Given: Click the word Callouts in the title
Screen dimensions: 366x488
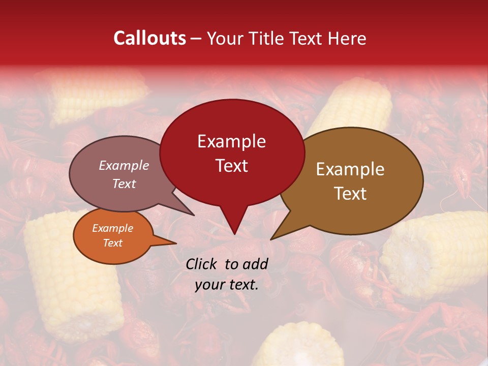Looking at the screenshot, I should [x=149, y=38].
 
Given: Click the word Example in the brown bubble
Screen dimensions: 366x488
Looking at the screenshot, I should [x=350, y=169].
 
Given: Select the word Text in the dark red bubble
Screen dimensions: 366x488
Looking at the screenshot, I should [x=232, y=166].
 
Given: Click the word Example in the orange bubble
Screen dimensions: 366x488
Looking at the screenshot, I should [x=112, y=228].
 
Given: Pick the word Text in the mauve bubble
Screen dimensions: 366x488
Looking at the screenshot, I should [x=124, y=184].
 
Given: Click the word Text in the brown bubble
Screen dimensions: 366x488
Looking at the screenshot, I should [x=351, y=194].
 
